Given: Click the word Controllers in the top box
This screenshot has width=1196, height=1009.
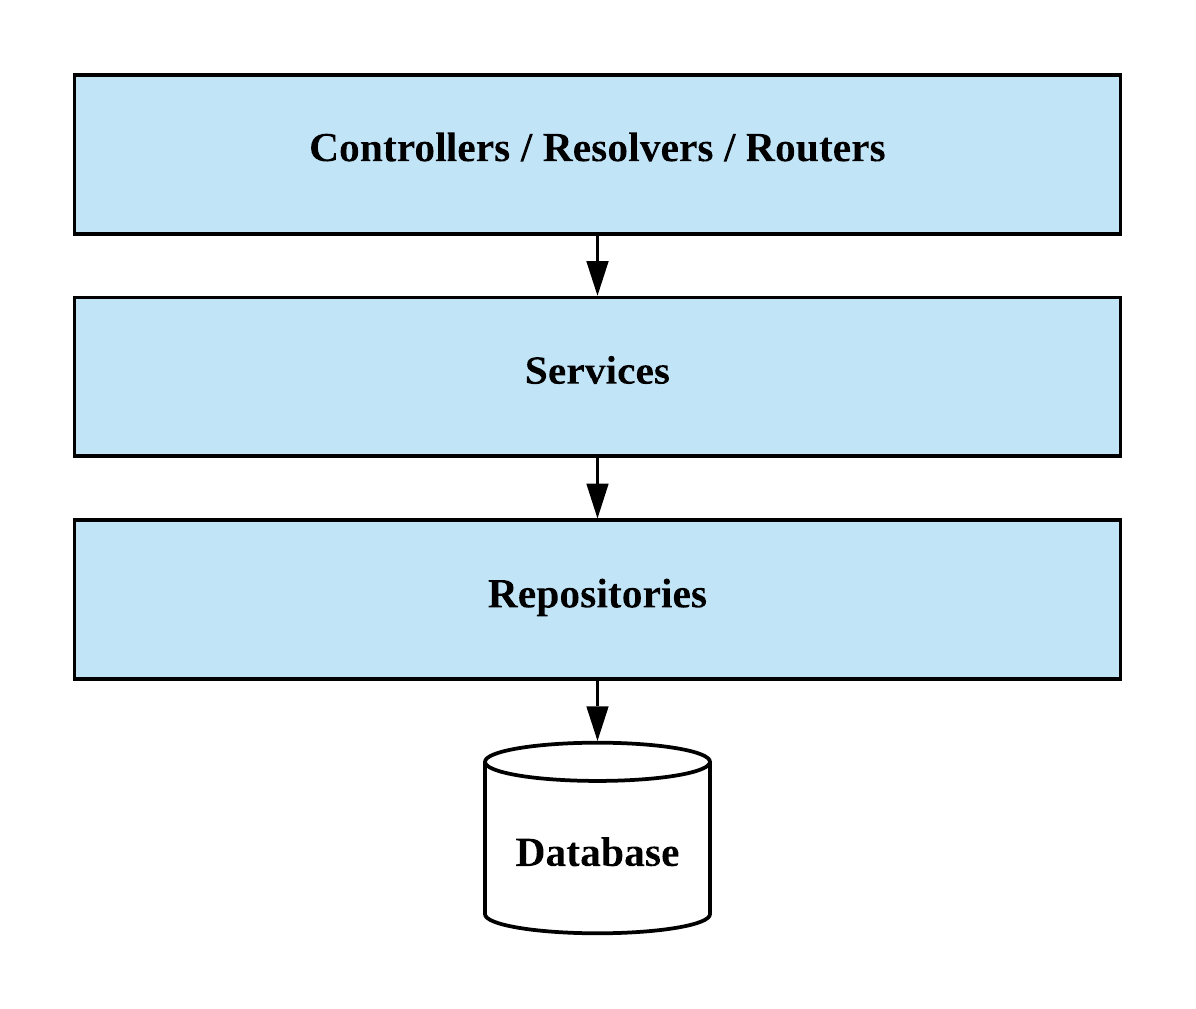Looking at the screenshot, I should pos(410,149).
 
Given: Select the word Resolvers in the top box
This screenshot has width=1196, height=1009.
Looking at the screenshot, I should pos(628,149).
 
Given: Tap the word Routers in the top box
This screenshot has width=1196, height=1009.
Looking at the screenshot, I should pos(815,149).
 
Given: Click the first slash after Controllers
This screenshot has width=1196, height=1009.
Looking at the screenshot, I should pos(526,149).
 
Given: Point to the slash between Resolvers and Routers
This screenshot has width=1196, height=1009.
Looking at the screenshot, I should pos(730,149).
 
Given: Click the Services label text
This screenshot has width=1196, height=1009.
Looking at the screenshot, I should pos(597,372).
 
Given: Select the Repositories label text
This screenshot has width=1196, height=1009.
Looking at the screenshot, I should pos(597,594).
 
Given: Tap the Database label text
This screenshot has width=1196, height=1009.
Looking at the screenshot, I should pos(597,853).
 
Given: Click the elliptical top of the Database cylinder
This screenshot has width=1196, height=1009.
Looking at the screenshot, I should pos(597,763).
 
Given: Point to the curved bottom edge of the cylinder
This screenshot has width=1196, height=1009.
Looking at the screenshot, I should pos(597,931).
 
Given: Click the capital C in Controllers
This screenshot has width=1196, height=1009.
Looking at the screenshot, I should pos(323,149).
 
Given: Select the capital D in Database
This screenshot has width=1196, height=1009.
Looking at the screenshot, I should pos(529,853).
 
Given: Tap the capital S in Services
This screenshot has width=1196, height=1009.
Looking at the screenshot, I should pos(535,372).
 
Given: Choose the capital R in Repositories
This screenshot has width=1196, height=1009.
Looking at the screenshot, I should pos(500,594).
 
